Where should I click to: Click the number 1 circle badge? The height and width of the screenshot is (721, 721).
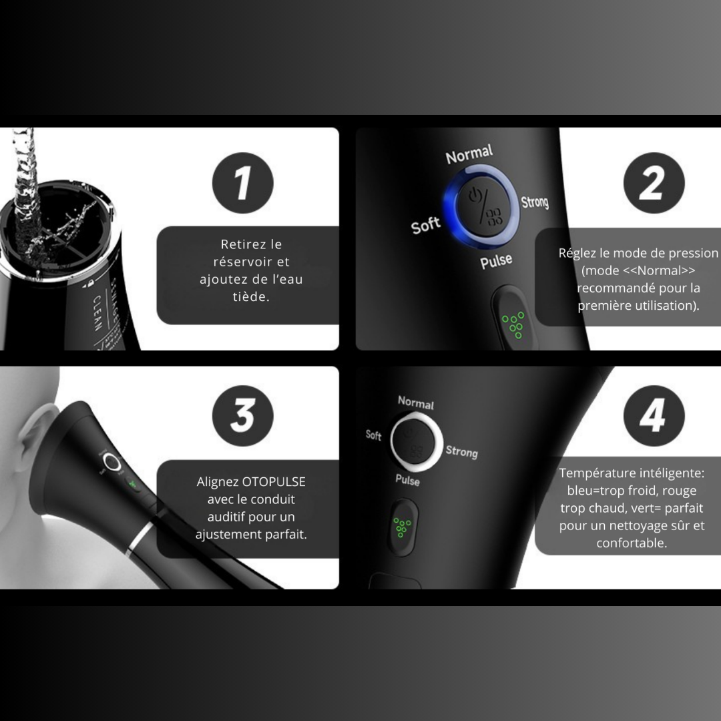tap(243, 183)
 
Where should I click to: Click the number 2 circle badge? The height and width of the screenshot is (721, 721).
tap(654, 183)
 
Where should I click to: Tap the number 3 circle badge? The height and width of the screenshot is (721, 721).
tap(243, 415)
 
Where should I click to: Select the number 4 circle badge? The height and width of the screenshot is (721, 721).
tap(654, 415)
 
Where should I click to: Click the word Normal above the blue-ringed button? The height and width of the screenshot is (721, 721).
tap(469, 155)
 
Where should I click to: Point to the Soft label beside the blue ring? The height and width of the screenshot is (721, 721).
tap(425, 225)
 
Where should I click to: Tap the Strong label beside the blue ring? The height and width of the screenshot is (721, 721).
tap(534, 202)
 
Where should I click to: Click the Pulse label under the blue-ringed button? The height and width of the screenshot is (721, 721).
tap(496, 261)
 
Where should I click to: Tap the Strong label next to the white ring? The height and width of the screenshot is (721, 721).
tap(461, 452)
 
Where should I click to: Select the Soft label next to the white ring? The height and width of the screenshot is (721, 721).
tap(374, 435)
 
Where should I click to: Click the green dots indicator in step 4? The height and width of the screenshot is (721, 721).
tap(402, 527)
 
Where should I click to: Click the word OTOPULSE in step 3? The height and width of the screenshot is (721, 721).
tap(274, 482)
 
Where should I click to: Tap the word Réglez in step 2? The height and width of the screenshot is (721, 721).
tap(576, 254)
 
